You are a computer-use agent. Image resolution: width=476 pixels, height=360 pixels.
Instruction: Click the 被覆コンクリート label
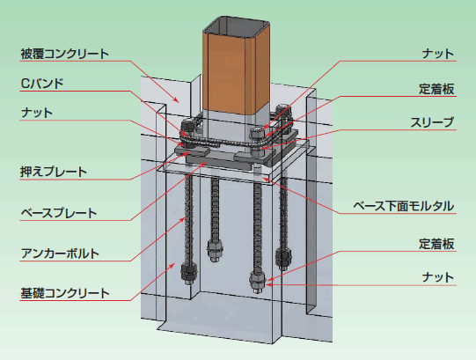point(64,54)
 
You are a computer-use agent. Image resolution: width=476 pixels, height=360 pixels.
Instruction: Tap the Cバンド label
point(42,84)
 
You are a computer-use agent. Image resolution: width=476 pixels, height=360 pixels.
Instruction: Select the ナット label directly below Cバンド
point(37,113)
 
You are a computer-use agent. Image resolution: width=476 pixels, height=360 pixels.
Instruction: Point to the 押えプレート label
point(54,172)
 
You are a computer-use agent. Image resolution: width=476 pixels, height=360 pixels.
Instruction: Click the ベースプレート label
point(59,213)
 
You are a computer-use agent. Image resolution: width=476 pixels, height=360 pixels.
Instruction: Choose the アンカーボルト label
point(60,253)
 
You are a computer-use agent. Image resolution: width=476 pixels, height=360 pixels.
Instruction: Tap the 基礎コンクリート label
point(64,293)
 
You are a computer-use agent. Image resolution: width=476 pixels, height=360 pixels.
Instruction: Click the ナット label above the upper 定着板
point(438,54)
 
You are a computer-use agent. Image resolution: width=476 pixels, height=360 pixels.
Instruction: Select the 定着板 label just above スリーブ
point(436,89)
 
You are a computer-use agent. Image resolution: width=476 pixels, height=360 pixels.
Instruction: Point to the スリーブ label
point(432,122)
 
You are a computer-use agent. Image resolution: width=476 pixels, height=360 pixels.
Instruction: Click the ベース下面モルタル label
point(404,206)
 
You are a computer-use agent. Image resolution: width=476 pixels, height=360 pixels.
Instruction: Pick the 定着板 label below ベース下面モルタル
point(436,244)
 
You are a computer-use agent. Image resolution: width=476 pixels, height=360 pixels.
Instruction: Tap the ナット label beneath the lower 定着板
point(438,277)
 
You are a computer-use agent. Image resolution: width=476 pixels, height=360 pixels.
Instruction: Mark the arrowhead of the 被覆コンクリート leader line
point(176,99)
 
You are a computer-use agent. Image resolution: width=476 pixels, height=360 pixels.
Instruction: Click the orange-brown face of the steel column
point(224,73)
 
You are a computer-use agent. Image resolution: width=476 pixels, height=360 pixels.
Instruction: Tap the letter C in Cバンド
point(25,84)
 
